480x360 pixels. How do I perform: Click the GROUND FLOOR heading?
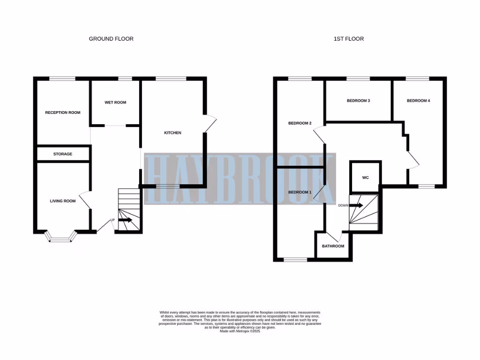click(x=111, y=39)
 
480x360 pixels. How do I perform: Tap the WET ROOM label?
click(x=115, y=103)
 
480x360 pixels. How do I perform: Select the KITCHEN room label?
click(x=172, y=133)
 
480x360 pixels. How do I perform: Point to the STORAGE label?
click(x=63, y=154)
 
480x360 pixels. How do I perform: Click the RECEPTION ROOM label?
click(x=63, y=112)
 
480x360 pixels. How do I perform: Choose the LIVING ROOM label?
click(x=63, y=201)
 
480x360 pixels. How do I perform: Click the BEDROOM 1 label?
click(x=300, y=193)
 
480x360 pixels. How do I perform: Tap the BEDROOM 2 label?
click(x=300, y=124)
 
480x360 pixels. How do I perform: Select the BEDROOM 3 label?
click(x=359, y=101)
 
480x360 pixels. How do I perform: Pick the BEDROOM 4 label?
click(x=418, y=101)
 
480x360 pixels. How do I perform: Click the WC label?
click(x=366, y=178)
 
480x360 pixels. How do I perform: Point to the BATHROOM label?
click(x=333, y=247)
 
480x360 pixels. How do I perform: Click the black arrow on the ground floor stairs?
click(x=125, y=219)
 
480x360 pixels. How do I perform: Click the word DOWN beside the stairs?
click(x=343, y=205)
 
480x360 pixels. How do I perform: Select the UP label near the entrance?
click(x=112, y=220)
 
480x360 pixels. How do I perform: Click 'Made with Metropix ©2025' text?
click(x=240, y=331)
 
